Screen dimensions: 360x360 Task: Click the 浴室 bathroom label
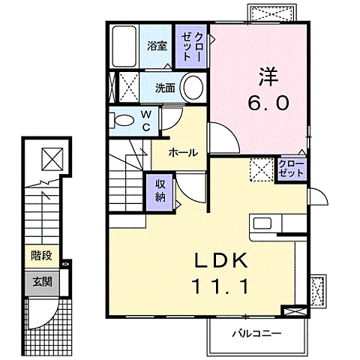(x=157, y=46)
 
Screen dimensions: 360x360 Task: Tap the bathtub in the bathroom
(x=123, y=47)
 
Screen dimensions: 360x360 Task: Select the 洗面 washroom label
(x=166, y=88)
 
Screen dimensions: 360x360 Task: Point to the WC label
(x=146, y=119)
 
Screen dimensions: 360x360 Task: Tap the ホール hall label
(x=183, y=152)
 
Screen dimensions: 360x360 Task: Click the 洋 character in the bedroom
(x=268, y=76)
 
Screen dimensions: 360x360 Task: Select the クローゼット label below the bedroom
(x=292, y=168)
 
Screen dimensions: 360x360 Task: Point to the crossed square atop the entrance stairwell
(x=52, y=158)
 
